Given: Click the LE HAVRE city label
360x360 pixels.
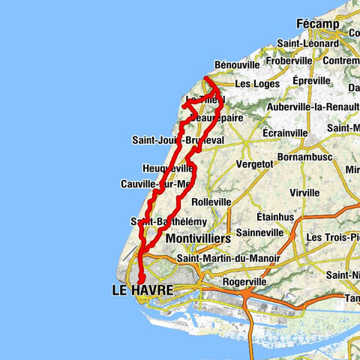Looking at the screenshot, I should click(x=142, y=289).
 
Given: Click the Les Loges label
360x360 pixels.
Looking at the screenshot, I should click(x=256, y=84).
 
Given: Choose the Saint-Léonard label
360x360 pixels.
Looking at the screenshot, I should click(x=306, y=43).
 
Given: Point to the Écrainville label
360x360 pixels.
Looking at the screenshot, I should click(x=285, y=133).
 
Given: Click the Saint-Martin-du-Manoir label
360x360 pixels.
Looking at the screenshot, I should click(x=228, y=259).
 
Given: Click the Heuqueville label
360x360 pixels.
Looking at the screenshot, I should click(x=166, y=169).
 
